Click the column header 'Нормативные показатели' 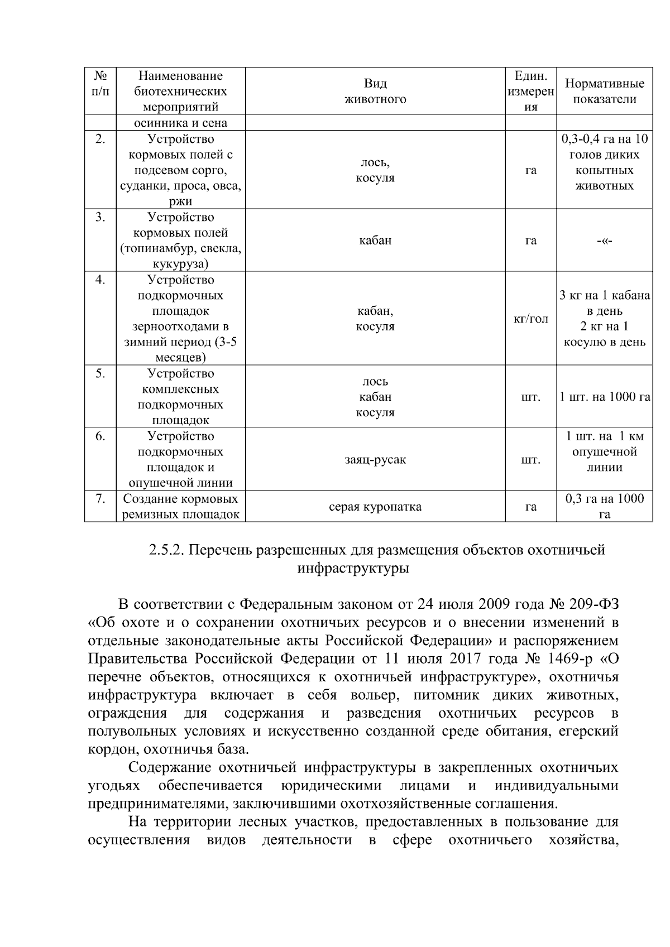click(x=604, y=92)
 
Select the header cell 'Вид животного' click(x=375, y=92)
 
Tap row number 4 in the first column click(x=100, y=280)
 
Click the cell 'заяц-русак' click(x=375, y=460)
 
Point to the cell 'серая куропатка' click(x=375, y=507)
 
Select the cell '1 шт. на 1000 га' click(x=605, y=397)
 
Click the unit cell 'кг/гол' click(x=530, y=319)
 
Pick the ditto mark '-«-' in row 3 click(x=604, y=241)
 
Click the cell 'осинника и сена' click(x=180, y=123)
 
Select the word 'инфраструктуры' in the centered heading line click(x=353, y=569)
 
